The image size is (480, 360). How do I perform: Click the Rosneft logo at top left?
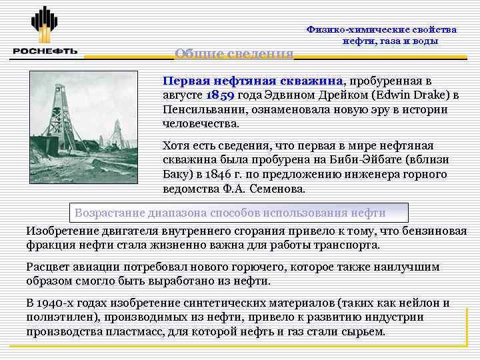[x=45, y=31]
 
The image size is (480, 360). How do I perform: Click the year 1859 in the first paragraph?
[x=219, y=94]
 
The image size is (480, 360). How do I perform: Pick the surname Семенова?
[x=274, y=189]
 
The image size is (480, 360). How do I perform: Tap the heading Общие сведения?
[x=233, y=53]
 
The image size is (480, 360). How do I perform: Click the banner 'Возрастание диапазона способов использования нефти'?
[x=230, y=213]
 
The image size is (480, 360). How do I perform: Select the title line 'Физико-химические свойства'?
[x=381, y=29]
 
